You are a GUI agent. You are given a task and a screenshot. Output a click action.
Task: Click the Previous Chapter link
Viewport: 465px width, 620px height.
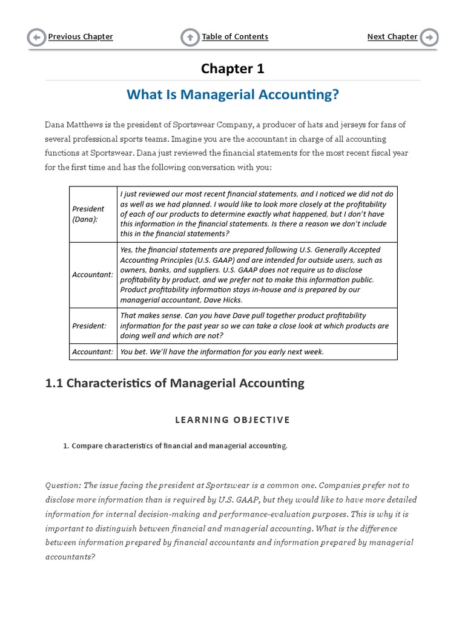81,37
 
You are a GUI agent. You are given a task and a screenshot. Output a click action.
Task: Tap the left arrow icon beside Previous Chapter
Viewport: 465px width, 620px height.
36,38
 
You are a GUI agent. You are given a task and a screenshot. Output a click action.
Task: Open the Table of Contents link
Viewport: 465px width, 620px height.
235,37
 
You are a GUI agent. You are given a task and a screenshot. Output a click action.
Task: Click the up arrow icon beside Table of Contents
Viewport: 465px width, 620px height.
190,38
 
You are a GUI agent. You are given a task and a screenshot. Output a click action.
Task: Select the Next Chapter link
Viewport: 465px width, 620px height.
392,37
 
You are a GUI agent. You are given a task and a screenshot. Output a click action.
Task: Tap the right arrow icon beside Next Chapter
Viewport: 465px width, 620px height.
429,38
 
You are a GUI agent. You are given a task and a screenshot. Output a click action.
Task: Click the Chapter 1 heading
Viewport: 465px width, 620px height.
232,68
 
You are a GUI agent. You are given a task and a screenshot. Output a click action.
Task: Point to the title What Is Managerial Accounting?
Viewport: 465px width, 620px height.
232,95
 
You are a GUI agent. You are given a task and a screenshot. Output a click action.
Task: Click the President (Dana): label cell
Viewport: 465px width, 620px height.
88,214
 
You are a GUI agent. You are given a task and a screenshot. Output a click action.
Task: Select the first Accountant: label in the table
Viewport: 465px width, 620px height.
93,274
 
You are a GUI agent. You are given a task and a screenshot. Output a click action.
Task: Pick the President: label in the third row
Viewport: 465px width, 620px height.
89,326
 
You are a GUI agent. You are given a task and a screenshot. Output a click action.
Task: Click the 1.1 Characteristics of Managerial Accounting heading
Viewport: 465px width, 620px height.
175,383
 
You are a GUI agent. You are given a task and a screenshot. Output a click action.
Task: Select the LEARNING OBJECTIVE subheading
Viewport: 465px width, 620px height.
232,420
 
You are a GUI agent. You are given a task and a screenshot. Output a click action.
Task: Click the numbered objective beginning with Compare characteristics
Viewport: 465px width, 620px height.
179,446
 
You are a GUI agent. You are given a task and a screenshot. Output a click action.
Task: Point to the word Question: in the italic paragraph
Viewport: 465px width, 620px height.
63,486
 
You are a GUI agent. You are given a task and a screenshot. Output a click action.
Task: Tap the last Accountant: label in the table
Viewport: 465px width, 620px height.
93,352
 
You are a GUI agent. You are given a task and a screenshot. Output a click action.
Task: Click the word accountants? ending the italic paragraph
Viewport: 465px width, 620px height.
70,556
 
